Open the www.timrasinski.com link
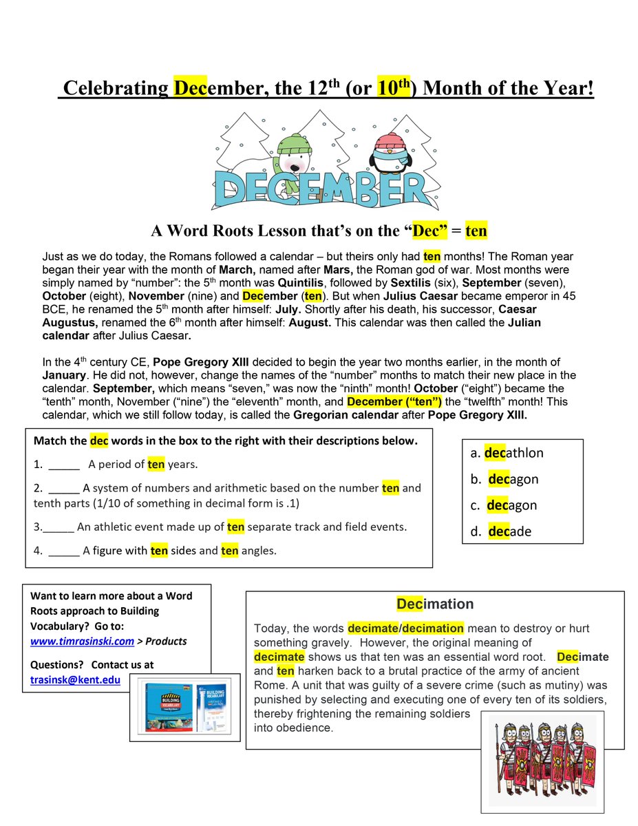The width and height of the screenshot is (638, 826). [x=82, y=641]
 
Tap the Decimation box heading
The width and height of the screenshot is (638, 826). [x=434, y=604]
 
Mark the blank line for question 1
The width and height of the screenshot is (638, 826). [x=64, y=465]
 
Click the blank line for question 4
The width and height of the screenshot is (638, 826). [x=64, y=551]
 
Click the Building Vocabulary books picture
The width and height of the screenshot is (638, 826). [x=186, y=705]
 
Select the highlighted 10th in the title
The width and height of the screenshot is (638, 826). [x=393, y=89]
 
